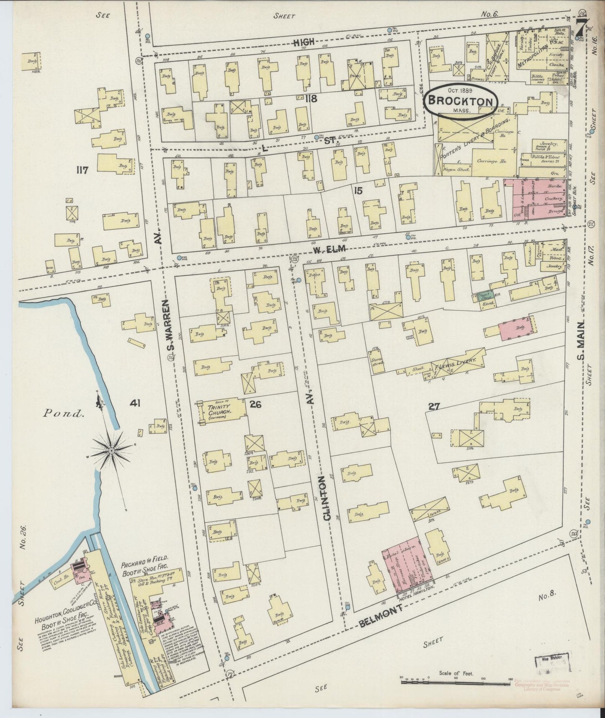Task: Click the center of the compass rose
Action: point(112,450)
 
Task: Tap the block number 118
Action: point(311,99)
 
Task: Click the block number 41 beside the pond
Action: point(135,403)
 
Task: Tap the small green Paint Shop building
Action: point(484,298)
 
